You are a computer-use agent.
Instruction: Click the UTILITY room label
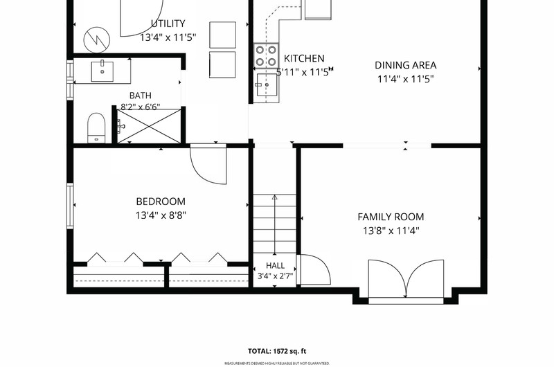pyautogui.click(x=168, y=24)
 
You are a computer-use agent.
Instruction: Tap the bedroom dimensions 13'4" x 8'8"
pyautogui.click(x=161, y=215)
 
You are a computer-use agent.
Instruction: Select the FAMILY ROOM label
pyautogui.click(x=391, y=217)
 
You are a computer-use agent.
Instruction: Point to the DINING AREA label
pyautogui.click(x=405, y=65)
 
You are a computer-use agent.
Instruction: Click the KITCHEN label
pyautogui.click(x=304, y=58)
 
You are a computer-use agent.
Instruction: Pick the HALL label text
pyautogui.click(x=275, y=266)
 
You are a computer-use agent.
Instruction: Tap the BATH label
pyautogui.click(x=141, y=96)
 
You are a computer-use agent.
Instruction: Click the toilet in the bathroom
pyautogui.click(x=96, y=128)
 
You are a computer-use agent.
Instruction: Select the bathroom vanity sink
pyautogui.click(x=102, y=72)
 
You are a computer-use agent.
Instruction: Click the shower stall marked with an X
pyautogui.click(x=149, y=126)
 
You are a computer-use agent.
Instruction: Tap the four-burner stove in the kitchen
pyautogui.click(x=266, y=56)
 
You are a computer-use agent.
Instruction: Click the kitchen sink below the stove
pyautogui.click(x=267, y=84)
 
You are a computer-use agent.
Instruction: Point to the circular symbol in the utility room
pyautogui.click(x=97, y=39)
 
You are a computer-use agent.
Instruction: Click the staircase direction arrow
pyautogui.click(x=275, y=224)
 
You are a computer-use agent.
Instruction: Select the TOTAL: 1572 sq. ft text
pyautogui.click(x=277, y=351)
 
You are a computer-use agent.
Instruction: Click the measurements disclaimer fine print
pyautogui.click(x=277, y=364)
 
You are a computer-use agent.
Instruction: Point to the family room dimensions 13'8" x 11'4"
pyautogui.click(x=391, y=231)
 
